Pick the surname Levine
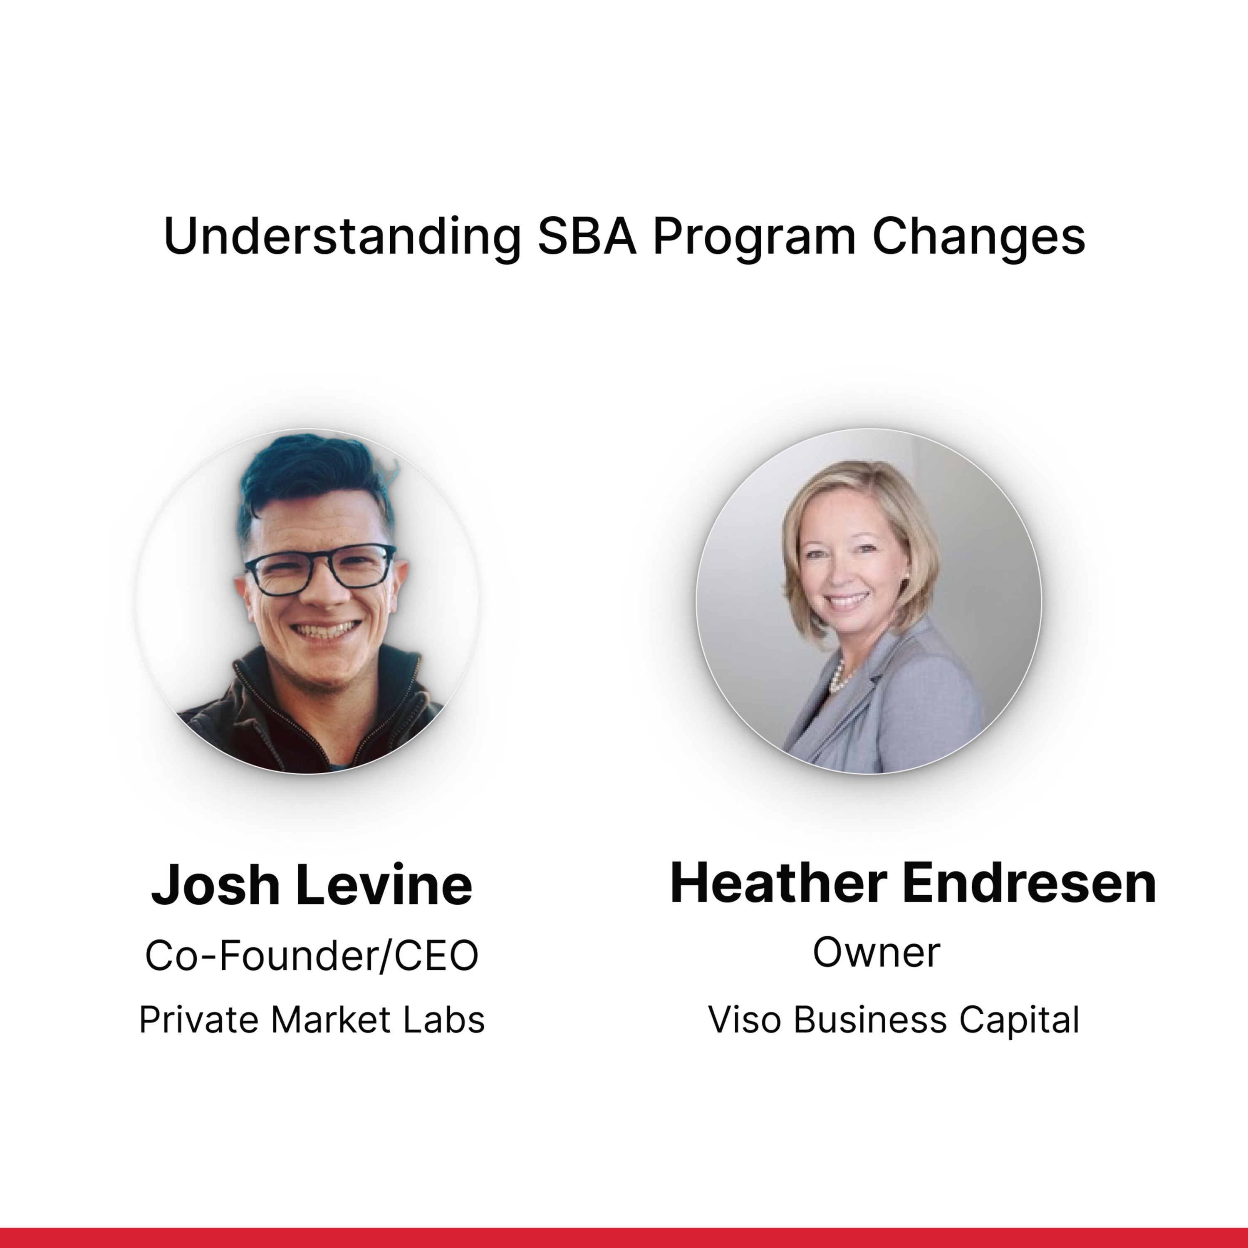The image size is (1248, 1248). [x=384, y=885]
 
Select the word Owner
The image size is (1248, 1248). [x=877, y=952]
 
